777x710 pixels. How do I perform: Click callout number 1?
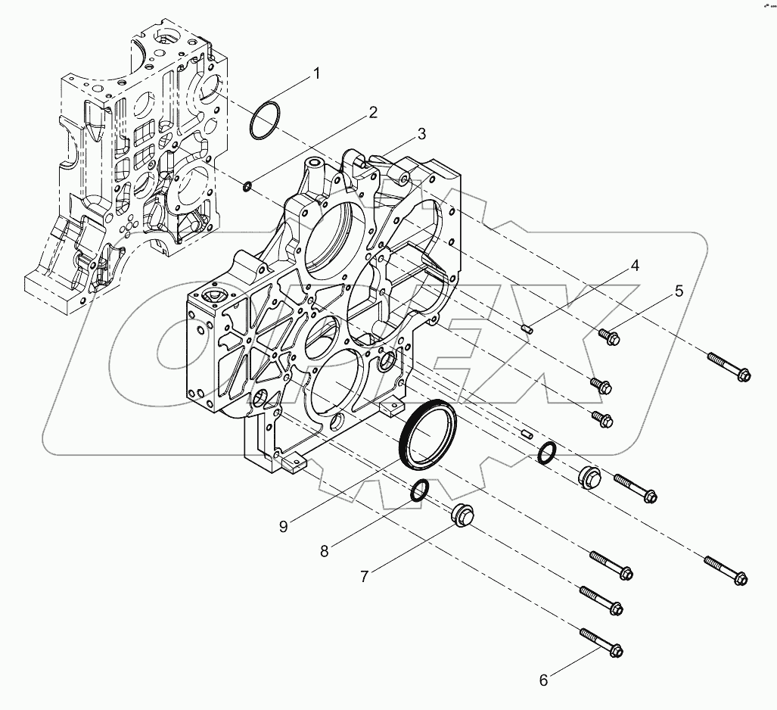pos(317,73)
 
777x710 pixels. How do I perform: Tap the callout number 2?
pos(372,113)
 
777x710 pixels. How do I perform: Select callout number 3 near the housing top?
pos(421,134)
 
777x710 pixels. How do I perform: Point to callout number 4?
pos(635,266)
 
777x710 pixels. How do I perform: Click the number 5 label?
pos(679,291)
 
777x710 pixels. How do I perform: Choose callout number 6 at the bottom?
pos(543,680)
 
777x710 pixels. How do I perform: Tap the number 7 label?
pos(364,577)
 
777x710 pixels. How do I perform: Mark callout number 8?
pos(324,552)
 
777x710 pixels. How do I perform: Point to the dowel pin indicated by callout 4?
pos(528,328)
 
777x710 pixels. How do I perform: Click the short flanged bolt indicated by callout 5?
pos(608,335)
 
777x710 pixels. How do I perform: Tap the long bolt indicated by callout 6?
pos(601,642)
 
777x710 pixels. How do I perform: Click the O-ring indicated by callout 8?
pos(420,491)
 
